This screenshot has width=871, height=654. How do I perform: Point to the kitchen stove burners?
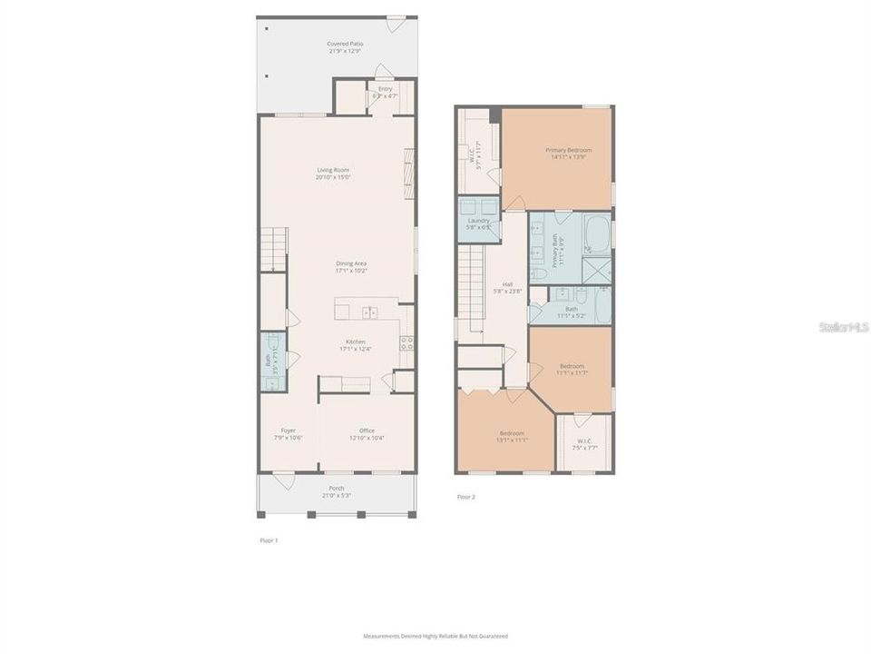click(x=407, y=342)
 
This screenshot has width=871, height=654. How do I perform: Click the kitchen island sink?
click(x=369, y=312)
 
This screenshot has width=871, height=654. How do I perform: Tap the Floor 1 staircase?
click(x=274, y=248)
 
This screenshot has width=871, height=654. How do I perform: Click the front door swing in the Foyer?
click(x=285, y=481)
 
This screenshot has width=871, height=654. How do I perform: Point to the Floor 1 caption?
click(x=269, y=540)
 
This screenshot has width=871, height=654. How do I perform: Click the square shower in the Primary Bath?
click(x=597, y=270)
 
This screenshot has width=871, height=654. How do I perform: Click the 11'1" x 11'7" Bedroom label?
click(x=571, y=369)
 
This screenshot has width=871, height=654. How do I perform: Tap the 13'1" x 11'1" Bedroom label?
click(x=512, y=437)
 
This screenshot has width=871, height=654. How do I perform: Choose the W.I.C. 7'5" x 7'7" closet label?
click(x=583, y=443)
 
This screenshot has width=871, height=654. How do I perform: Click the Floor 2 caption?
click(x=465, y=497)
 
